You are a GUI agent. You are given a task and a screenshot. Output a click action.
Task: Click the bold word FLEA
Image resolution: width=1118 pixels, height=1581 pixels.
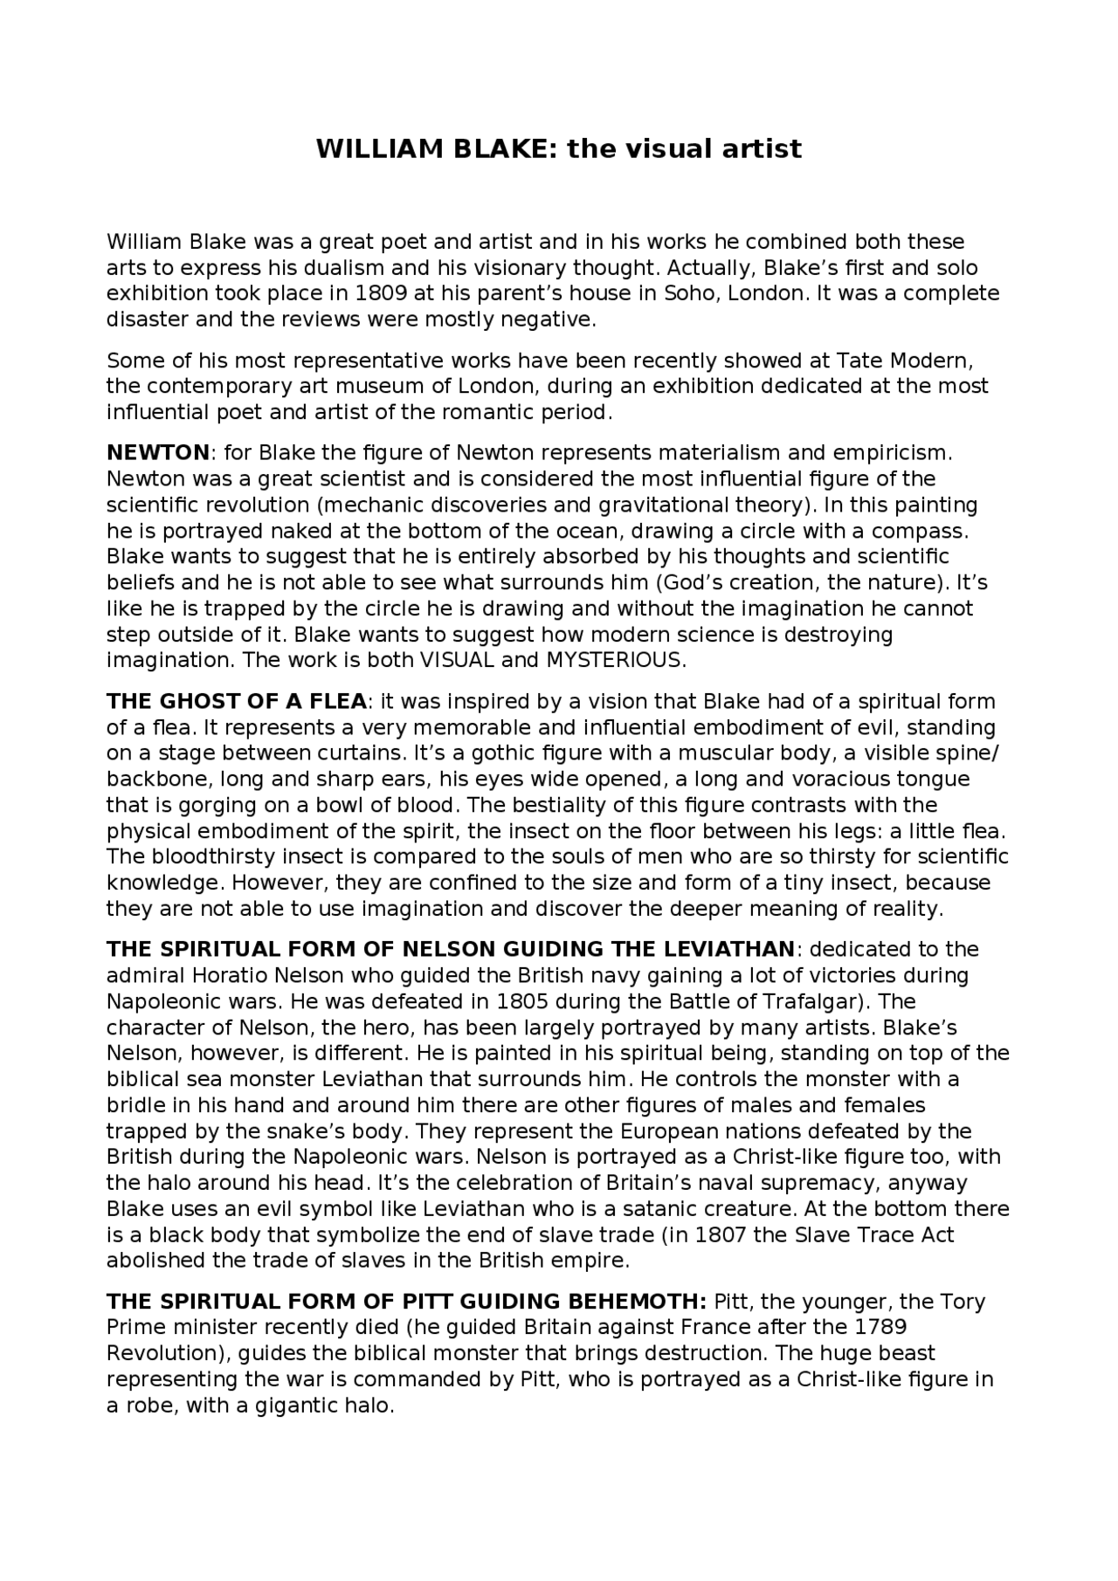pyautogui.click(x=336, y=702)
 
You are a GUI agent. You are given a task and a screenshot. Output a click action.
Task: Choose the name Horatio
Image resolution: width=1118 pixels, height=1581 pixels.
pyautogui.click(x=230, y=975)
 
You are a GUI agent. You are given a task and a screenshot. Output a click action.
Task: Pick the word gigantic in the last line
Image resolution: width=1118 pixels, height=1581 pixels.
pyautogui.click(x=293, y=1406)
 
